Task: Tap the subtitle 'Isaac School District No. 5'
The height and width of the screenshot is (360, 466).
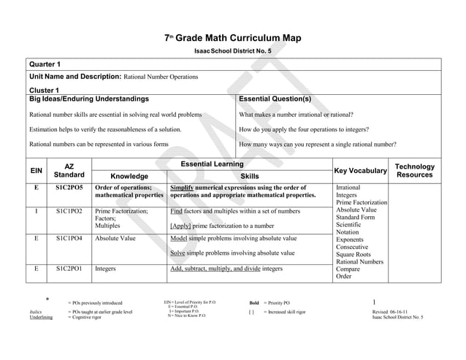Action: [x=233, y=51]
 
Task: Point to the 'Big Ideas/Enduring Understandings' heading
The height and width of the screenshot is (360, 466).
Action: [x=89, y=99]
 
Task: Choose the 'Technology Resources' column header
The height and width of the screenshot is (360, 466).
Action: [x=414, y=172]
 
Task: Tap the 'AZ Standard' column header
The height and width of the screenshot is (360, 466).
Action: [x=69, y=172]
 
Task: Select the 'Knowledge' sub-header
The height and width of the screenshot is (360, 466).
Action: [x=129, y=176]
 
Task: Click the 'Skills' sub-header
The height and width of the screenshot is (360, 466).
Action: [x=249, y=176]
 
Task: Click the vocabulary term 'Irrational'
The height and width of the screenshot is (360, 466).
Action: [x=348, y=188]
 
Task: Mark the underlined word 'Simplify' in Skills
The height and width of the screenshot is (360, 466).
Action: [x=183, y=188]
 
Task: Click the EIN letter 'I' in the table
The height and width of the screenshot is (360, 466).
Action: [x=36, y=211]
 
